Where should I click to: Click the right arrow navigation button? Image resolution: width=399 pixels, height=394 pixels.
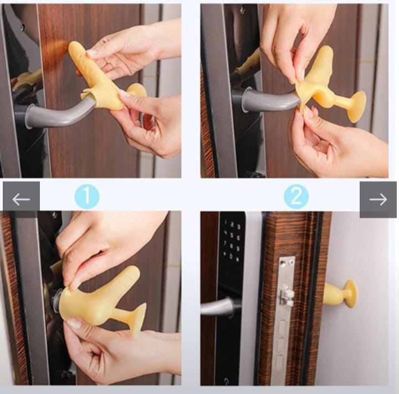click(x=378, y=200)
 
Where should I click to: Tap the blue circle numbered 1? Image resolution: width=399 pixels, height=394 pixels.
click(x=87, y=197)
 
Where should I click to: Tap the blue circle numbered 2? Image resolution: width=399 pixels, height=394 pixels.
click(x=296, y=197)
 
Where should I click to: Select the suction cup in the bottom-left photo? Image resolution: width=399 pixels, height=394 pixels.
click(x=137, y=320)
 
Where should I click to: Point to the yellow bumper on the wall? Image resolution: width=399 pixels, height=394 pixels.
click(x=340, y=293)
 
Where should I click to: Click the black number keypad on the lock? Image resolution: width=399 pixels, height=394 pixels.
click(x=232, y=241)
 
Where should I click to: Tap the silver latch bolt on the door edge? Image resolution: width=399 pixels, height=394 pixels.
click(x=287, y=297)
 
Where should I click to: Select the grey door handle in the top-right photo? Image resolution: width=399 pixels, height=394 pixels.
click(x=270, y=101)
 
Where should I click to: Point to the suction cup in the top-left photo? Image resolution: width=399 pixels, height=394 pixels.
click(x=137, y=90)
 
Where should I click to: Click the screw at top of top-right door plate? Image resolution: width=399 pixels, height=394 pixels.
click(x=242, y=10)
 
